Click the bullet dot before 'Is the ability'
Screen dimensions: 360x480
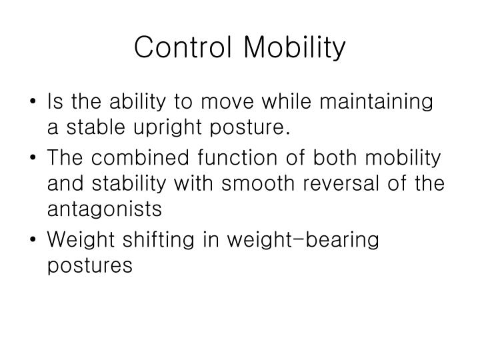(33, 103)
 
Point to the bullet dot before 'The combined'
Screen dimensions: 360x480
(33, 159)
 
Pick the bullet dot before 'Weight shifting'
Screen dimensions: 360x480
(33, 239)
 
